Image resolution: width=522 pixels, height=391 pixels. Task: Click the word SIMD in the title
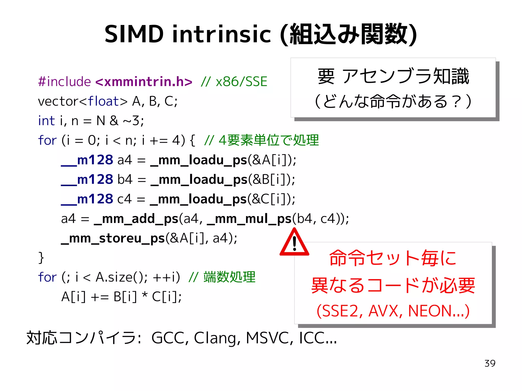(x=134, y=34)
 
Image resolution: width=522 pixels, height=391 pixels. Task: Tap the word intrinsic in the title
(x=221, y=34)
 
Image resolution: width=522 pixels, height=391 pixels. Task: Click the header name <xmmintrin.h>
(x=144, y=82)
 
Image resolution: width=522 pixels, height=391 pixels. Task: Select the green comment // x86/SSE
(x=234, y=82)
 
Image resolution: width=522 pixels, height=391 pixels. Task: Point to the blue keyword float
(x=103, y=101)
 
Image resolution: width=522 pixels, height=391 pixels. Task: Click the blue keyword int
(x=46, y=121)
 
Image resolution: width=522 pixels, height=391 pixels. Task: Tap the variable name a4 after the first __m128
(x=125, y=160)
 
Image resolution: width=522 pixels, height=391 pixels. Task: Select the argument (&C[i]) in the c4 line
(x=271, y=199)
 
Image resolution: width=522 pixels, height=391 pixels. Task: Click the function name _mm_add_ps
(x=136, y=219)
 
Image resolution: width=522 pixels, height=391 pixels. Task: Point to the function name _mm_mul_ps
(x=250, y=219)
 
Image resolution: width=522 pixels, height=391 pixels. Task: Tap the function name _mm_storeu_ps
(x=113, y=238)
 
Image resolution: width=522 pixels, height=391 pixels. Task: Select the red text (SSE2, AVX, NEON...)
(x=393, y=311)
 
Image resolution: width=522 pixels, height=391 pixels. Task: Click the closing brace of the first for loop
(x=41, y=258)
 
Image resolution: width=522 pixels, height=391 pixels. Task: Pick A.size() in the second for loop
(x=120, y=277)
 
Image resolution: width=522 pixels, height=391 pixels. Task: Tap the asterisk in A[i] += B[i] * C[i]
(x=145, y=295)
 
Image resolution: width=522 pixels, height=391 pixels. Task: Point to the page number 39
(x=490, y=363)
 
